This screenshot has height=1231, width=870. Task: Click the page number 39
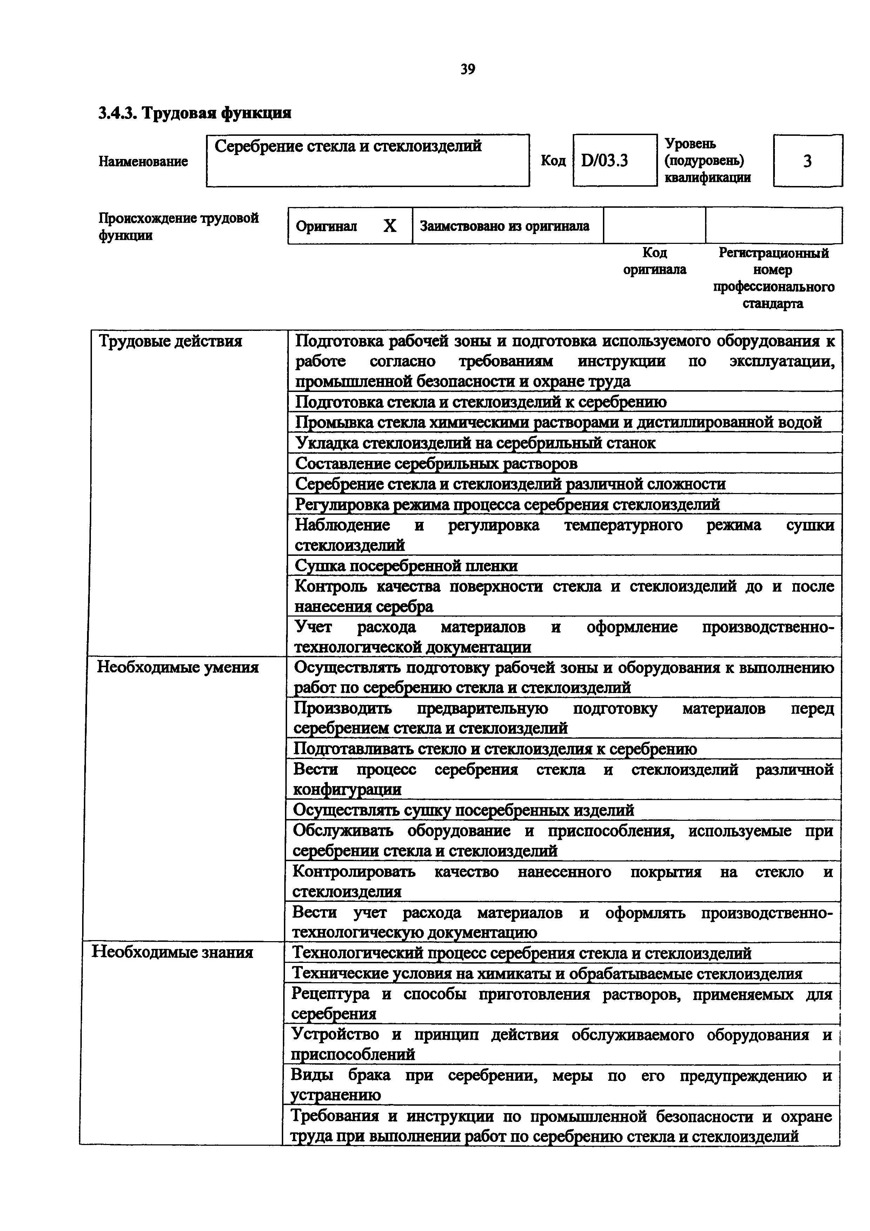point(467,69)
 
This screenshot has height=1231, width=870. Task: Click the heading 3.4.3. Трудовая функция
point(195,113)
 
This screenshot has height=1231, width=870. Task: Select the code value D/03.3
point(605,160)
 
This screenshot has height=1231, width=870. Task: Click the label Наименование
point(143,161)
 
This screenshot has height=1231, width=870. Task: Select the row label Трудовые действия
point(171,341)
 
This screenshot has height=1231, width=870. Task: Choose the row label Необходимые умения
point(178,667)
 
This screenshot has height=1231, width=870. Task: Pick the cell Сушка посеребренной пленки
point(406,566)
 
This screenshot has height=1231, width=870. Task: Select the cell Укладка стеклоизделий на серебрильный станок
point(476,443)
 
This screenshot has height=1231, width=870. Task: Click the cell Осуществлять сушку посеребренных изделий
point(464,810)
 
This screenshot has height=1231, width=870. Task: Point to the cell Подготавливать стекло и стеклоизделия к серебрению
point(495,748)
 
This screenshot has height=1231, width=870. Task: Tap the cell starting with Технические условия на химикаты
point(547,973)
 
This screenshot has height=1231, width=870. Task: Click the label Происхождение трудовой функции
point(179,226)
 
